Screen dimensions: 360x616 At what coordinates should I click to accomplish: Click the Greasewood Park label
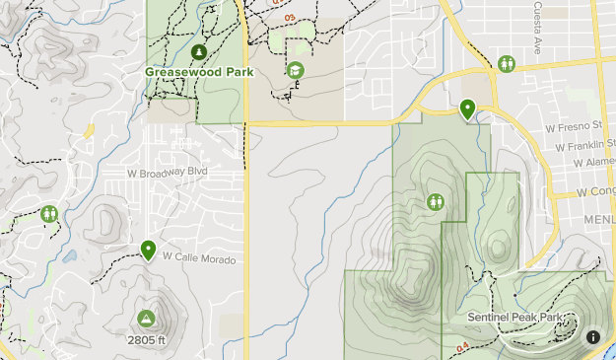(199, 72)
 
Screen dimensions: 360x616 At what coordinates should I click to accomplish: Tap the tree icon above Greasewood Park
(199, 51)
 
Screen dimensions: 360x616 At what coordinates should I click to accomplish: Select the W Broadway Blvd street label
(168, 172)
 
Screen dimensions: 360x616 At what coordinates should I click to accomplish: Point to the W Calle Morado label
(200, 256)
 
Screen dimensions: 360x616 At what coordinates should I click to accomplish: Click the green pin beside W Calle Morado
(148, 250)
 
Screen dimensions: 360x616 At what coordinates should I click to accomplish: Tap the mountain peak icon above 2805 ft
(146, 319)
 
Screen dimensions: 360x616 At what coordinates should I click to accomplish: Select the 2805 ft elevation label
(146, 339)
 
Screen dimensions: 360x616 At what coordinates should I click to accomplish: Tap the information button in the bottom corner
(593, 336)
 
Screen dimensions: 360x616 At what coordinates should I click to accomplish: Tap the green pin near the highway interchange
(467, 108)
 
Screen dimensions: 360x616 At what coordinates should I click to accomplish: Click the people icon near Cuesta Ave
(507, 63)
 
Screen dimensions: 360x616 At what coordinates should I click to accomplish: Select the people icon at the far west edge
(49, 213)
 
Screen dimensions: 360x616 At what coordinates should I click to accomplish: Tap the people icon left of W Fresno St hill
(437, 202)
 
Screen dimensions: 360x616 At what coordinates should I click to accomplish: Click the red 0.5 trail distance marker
(290, 18)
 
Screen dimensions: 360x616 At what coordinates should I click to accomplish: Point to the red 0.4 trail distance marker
(463, 345)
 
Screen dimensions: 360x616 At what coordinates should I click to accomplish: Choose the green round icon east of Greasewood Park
(295, 71)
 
